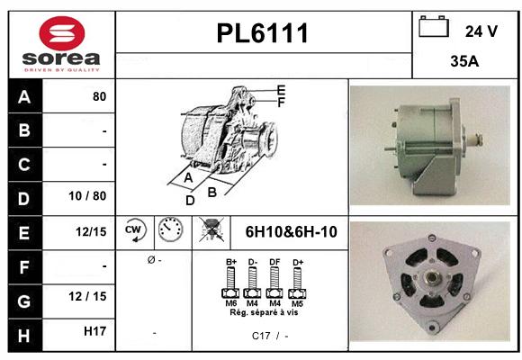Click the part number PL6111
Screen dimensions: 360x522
point(263,34)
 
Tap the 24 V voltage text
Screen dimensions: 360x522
point(481,31)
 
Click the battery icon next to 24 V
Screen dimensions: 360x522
point(435,28)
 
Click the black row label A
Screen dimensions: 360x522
point(23,96)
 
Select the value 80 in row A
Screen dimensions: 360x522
point(99,96)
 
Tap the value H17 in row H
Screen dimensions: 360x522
point(95,331)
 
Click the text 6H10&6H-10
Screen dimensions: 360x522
point(291,232)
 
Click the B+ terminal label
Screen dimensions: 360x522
point(231,262)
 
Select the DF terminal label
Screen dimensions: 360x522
point(274,262)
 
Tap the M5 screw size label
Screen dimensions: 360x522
point(295,304)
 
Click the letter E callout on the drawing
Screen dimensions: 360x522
point(281,89)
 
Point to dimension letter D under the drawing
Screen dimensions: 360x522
point(190,201)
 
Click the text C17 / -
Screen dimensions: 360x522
point(270,335)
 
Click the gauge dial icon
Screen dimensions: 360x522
point(168,230)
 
